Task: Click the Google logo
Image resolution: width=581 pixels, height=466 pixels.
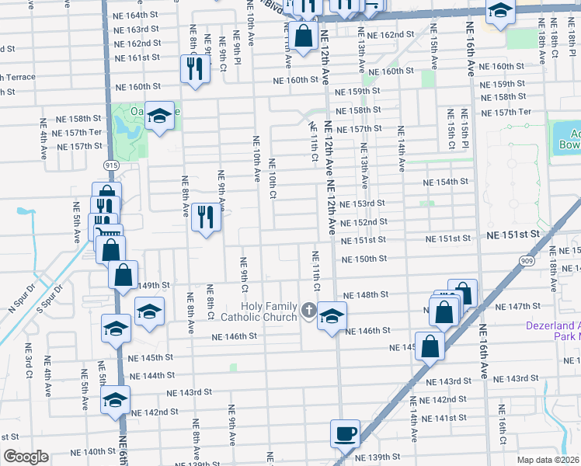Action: click(26, 457)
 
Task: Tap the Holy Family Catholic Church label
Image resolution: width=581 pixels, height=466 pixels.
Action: click(259, 311)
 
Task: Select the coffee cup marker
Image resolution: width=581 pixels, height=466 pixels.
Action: click(345, 433)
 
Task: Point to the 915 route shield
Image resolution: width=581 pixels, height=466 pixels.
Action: click(113, 165)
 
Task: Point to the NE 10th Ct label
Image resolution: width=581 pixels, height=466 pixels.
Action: click(273, 179)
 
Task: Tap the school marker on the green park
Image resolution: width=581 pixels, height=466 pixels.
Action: click(159, 116)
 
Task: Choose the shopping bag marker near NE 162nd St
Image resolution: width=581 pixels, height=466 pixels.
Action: click(304, 35)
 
